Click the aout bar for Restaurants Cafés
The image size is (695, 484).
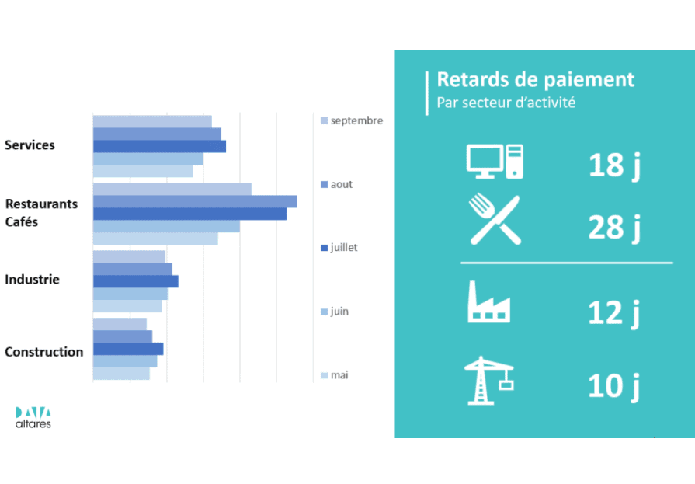(x=195, y=201)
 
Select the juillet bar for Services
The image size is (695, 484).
(x=159, y=146)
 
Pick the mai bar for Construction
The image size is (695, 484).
(x=121, y=374)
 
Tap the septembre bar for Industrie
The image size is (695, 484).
(x=129, y=256)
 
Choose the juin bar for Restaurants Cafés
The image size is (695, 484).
(x=166, y=226)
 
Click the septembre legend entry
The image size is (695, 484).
(x=352, y=120)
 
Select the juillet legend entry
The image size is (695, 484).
(x=339, y=248)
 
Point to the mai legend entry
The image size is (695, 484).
(x=335, y=375)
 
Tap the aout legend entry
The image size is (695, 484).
(x=337, y=184)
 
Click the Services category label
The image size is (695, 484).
(x=30, y=145)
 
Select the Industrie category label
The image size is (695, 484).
(x=32, y=280)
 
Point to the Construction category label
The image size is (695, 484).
(x=44, y=352)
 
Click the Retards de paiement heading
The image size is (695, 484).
(x=536, y=80)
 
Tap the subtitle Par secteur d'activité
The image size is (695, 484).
(x=506, y=103)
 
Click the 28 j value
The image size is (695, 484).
(x=614, y=227)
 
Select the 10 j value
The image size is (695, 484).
(x=614, y=386)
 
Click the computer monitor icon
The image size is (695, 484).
(x=495, y=162)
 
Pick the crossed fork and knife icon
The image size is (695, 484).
(x=495, y=220)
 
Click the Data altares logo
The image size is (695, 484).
(x=33, y=417)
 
